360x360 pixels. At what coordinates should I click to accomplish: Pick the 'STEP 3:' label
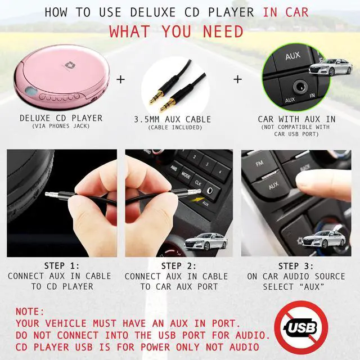296,265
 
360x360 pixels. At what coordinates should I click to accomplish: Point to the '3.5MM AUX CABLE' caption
173,119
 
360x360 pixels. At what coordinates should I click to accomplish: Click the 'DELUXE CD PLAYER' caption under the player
61,118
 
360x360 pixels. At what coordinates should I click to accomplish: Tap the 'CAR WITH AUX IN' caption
296,119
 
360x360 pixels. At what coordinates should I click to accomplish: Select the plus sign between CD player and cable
120,79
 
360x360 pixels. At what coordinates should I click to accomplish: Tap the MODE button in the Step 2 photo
186,175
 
